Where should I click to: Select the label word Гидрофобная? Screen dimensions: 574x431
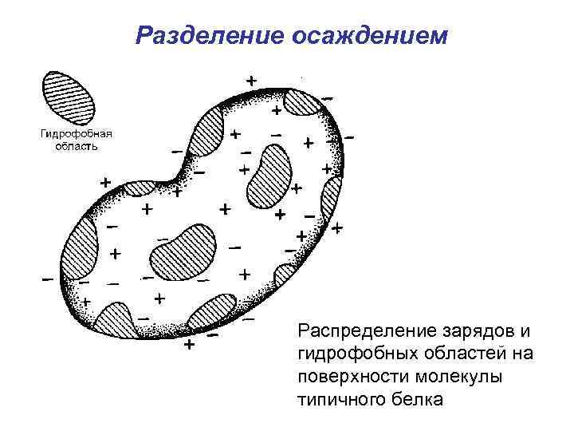pos(77,133)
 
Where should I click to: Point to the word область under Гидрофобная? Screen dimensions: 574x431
pos(77,145)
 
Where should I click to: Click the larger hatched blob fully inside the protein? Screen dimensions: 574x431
pos(183,254)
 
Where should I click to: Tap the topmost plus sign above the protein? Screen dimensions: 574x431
pos(251,81)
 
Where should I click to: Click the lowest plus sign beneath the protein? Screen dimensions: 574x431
pos(189,346)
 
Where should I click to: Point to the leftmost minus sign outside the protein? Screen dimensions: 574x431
pos(48,280)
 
